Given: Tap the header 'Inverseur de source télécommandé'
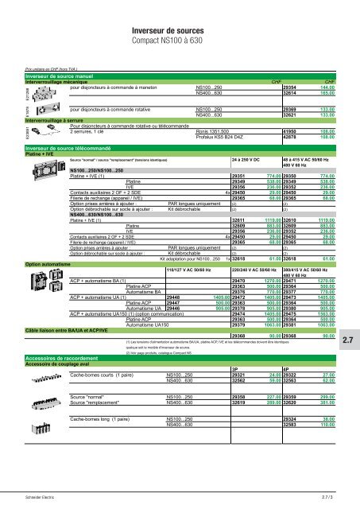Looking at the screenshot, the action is (64, 148).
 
